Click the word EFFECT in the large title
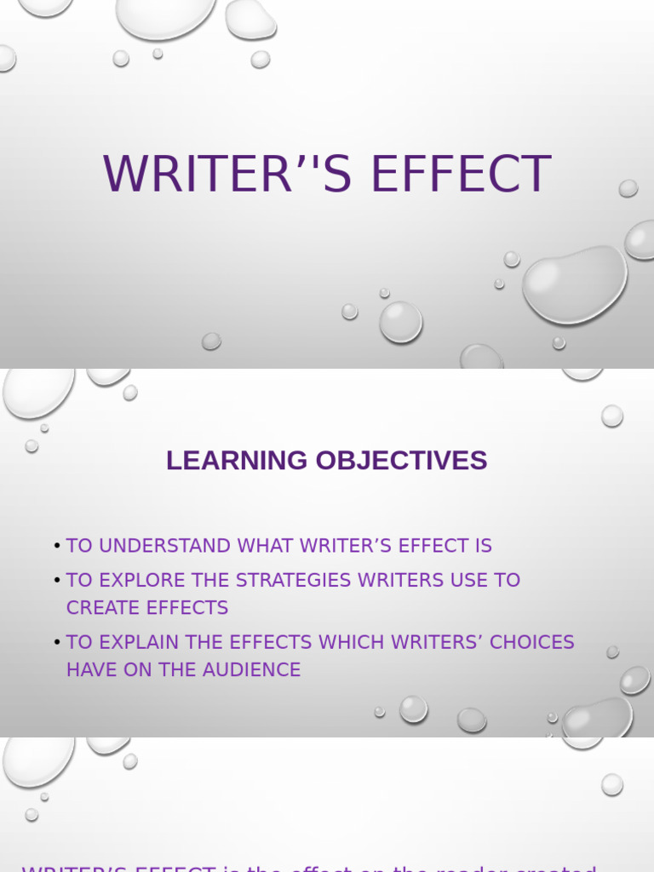pyautogui.click(x=461, y=175)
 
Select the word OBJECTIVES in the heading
pyautogui.click(x=401, y=461)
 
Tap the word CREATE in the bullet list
pyautogui.click(x=98, y=608)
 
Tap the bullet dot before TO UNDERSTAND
pyautogui.click(x=57, y=546)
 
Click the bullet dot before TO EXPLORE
pyautogui.click(x=57, y=580)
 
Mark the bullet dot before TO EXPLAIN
pyautogui.click(x=57, y=642)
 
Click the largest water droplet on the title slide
pyautogui.click(x=574, y=284)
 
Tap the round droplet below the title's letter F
pyautogui.click(x=400, y=322)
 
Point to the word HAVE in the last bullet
pyautogui.click(x=89, y=670)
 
